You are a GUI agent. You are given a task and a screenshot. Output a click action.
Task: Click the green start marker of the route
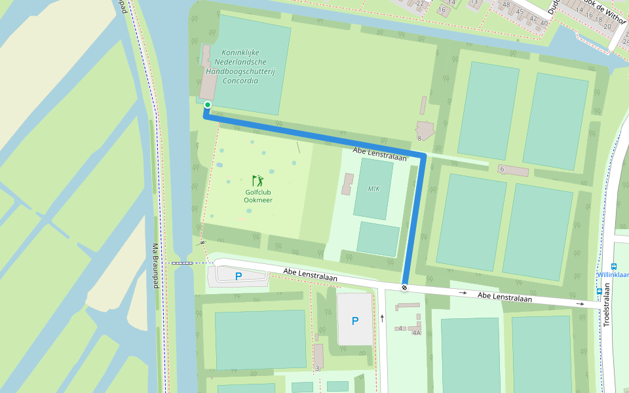pyautogui.click(x=208, y=105)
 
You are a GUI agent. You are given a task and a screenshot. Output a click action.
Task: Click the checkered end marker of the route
pyautogui.click(x=405, y=287)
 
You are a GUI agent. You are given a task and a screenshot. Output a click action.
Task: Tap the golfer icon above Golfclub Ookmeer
pyautogui.click(x=257, y=180)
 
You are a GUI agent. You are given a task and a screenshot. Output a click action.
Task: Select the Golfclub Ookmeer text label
pyautogui.click(x=258, y=196)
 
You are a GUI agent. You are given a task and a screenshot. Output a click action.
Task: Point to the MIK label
pyautogui.click(x=373, y=189)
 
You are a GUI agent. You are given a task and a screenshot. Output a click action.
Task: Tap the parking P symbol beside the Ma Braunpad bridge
pyautogui.click(x=238, y=276)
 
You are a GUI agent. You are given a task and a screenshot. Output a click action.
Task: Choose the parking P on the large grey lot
pyautogui.click(x=354, y=321)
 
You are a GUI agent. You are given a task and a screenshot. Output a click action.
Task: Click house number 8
pyautogui.click(x=419, y=138)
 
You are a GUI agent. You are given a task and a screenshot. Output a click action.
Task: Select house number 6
pyautogui.click(x=502, y=169)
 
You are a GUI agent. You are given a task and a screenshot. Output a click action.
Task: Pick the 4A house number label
pyautogui.click(x=416, y=333)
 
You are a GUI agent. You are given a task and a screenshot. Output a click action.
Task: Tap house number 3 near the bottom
pyautogui.click(x=317, y=368)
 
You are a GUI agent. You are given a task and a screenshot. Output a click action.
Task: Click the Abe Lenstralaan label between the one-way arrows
pyautogui.click(x=504, y=297)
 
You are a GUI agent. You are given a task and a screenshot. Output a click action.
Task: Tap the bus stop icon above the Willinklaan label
pyautogui.click(x=614, y=266)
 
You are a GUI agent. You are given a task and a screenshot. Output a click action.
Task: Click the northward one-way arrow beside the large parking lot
pyautogui.click(x=382, y=318)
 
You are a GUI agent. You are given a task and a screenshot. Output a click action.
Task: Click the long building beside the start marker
pyautogui.click(x=208, y=73)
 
